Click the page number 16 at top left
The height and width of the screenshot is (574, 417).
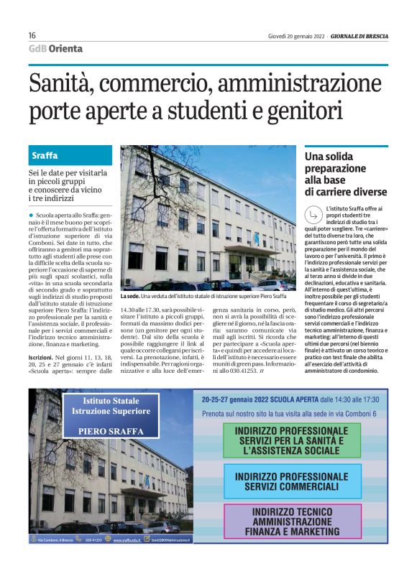point(32,36)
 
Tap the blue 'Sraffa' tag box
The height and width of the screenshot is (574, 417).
point(70,155)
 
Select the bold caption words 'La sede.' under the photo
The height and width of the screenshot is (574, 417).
point(130,296)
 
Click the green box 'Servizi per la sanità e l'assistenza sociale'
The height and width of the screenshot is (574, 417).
point(292,440)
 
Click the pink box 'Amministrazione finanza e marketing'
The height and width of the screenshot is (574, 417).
point(292,522)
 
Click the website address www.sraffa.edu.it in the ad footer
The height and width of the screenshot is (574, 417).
point(127,560)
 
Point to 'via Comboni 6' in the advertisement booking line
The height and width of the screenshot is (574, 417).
point(353,414)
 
